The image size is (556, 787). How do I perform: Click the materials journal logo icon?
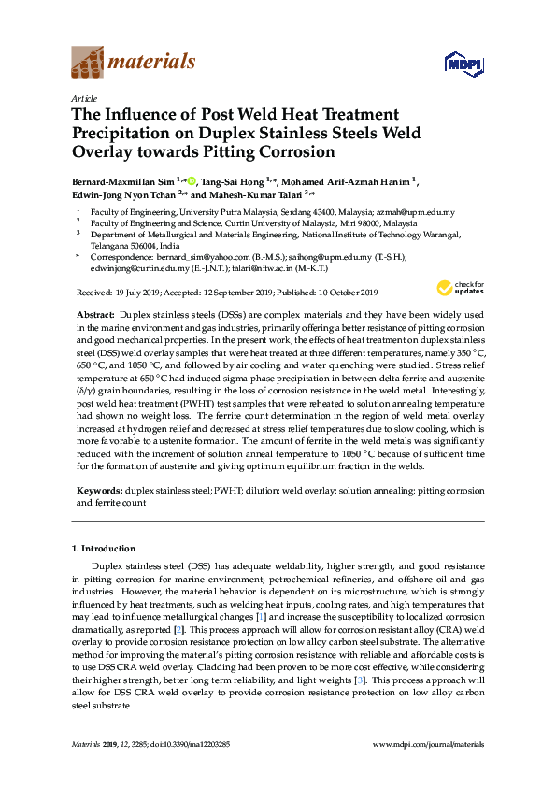[x=88, y=64]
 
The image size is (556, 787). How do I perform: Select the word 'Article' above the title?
[x=82, y=97]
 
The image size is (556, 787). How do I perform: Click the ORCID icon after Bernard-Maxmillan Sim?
[x=192, y=180]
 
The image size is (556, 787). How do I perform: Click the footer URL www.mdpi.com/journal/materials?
[x=429, y=743]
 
